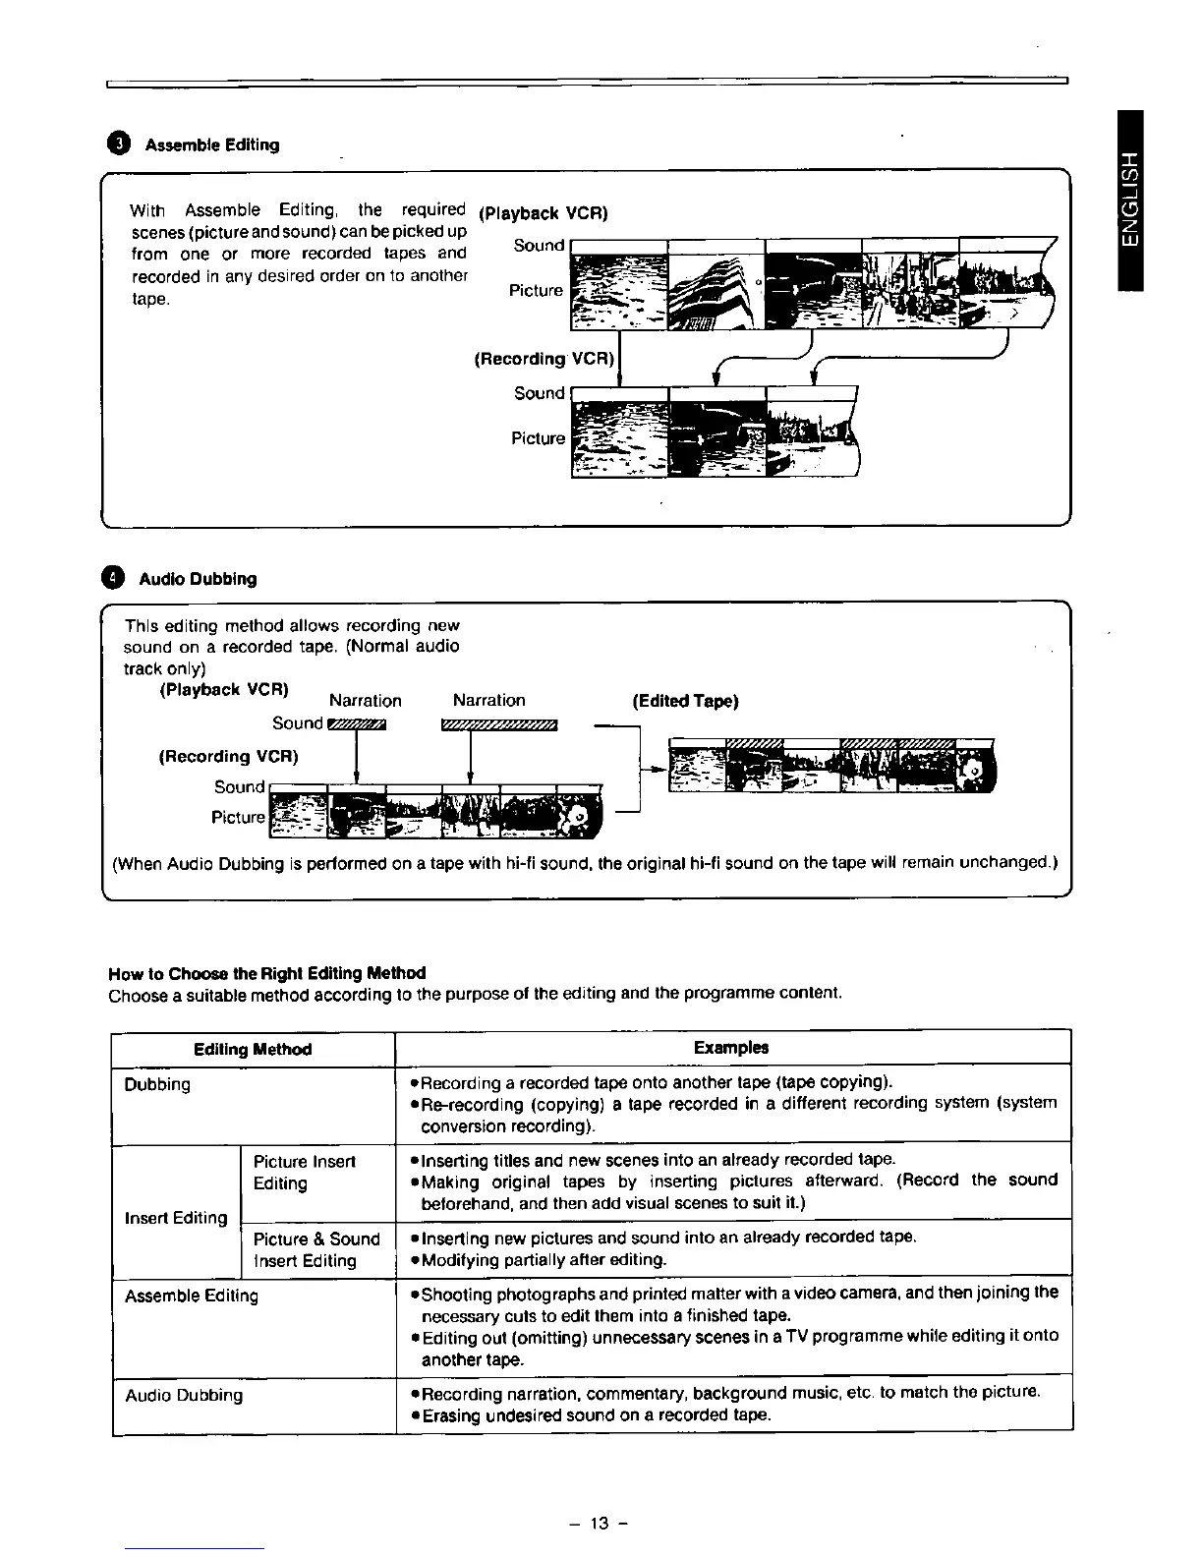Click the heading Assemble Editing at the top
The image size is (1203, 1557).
coord(211,144)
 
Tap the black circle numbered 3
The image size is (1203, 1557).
coord(118,144)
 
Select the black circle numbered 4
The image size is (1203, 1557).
coord(116,578)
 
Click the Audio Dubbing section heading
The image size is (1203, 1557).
coord(198,579)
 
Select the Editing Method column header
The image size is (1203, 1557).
coord(253,1049)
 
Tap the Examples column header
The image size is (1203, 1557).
coord(730,1048)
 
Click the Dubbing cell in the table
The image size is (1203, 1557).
coord(157,1085)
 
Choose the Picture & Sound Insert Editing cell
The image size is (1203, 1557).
coord(315,1249)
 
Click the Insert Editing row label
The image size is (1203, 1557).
coord(176,1218)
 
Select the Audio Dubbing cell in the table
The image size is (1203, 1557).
coord(183,1396)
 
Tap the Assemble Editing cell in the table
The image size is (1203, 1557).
coord(191,1297)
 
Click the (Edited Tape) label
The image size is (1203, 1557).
coord(685,701)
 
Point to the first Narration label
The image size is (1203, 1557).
coord(366,701)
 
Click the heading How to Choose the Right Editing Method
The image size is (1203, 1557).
coord(266,973)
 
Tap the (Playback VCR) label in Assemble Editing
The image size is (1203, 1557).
coord(543,213)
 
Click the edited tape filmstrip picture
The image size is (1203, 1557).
coord(831,765)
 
